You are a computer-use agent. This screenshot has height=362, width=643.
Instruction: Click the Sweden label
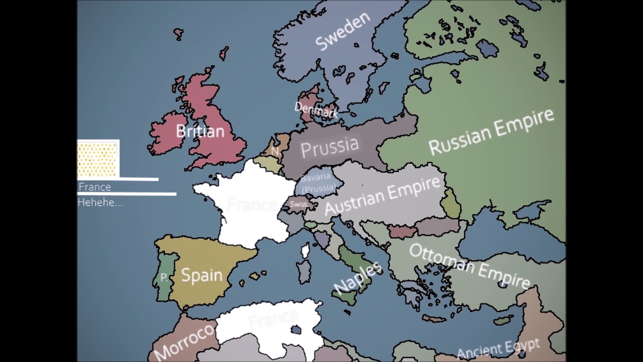click(343, 31)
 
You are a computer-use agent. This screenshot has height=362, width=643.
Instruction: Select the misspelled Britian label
click(200, 131)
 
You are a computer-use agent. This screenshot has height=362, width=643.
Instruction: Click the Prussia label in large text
click(330, 146)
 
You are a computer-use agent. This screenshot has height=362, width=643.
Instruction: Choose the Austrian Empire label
click(383, 195)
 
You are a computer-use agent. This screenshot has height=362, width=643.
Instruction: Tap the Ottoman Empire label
click(469, 266)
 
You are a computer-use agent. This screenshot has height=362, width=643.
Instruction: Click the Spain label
click(201, 275)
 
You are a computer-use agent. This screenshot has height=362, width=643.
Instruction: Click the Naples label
click(358, 278)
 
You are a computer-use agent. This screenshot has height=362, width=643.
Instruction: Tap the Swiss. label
click(298, 204)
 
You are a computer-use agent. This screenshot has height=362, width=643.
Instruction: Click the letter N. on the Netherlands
click(275, 151)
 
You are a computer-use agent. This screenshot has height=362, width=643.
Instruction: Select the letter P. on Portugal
click(164, 278)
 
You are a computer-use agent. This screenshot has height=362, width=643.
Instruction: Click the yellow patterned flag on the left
click(98, 159)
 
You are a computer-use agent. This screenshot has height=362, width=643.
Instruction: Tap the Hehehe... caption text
click(100, 203)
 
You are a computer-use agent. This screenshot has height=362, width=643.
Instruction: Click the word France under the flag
click(95, 187)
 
